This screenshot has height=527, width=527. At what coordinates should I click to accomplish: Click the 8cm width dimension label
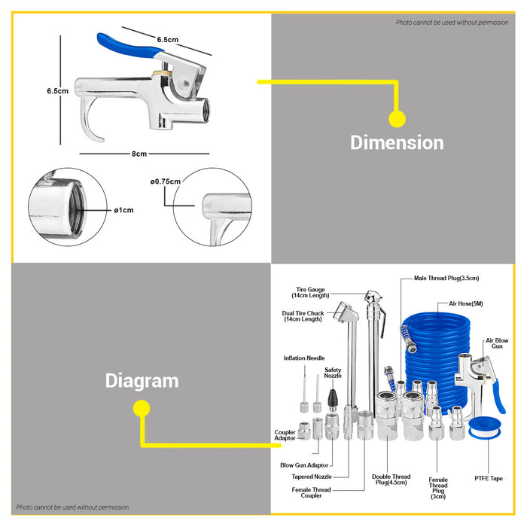[x=139, y=154]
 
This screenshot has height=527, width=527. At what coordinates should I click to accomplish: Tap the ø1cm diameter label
[x=123, y=210]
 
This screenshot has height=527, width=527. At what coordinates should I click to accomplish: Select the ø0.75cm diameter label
[x=166, y=181]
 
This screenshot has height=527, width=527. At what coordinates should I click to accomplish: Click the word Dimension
[x=397, y=142]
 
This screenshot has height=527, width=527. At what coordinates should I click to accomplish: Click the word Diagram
[x=142, y=381]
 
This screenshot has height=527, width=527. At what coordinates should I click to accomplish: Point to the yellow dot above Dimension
[x=398, y=119]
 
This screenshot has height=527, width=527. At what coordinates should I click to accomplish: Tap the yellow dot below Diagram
[x=142, y=408]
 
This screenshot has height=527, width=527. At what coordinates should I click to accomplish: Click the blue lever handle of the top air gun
[x=129, y=45]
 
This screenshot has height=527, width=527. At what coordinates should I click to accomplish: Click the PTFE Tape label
[x=489, y=478]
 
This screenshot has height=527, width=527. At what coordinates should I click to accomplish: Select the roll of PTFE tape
[x=484, y=428]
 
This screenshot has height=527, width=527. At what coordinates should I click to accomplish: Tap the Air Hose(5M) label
[x=466, y=303]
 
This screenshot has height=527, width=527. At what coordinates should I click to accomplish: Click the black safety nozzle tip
[x=333, y=398]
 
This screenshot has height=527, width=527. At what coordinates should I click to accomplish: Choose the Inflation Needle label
[x=304, y=358]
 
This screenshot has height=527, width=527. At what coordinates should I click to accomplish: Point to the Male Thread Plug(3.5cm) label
[x=446, y=278]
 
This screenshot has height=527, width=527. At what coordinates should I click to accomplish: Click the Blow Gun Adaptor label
[x=304, y=465]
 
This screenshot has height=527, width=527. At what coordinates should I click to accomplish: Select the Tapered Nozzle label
[x=312, y=477]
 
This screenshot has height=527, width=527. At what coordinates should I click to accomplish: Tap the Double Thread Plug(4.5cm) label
[x=391, y=480]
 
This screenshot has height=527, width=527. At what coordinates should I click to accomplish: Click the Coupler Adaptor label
[x=285, y=435]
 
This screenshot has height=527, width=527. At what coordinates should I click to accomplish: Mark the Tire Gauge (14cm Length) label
[x=310, y=292]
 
